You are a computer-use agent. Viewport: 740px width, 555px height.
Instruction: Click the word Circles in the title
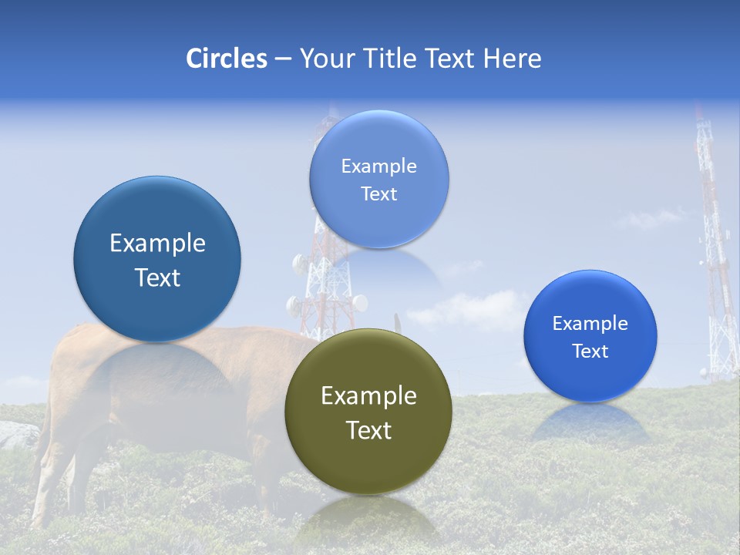pos(227,59)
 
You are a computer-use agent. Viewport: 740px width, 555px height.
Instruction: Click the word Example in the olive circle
pos(368,396)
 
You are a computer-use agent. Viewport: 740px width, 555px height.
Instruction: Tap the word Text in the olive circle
pos(368,430)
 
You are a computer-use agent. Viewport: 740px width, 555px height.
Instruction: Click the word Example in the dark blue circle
pos(157,244)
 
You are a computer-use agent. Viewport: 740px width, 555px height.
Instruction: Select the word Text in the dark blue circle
pos(157,277)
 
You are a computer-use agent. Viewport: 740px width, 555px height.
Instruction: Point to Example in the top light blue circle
pos(378,166)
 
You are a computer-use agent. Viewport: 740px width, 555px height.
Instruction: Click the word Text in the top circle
pos(378,194)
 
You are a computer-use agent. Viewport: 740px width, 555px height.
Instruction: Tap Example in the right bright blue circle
pos(590,324)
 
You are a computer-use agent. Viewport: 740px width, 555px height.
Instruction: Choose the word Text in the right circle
pos(590,351)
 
